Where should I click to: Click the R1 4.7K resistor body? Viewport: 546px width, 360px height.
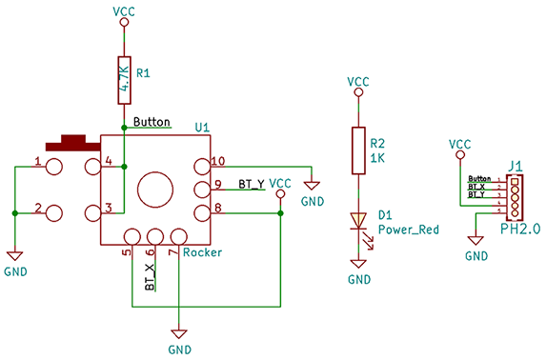pyautogui.click(x=124, y=80)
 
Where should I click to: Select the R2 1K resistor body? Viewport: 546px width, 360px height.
pyautogui.click(x=358, y=150)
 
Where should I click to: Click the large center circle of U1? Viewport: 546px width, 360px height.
pyautogui.click(x=155, y=190)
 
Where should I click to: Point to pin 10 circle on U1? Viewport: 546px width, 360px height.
pyautogui.click(x=203, y=167)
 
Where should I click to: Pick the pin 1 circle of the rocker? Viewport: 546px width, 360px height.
pyautogui.click(x=54, y=167)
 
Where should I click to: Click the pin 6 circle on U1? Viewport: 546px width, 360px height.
pyautogui.click(x=155, y=237)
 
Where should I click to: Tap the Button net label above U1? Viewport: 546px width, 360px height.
pyautogui.click(x=152, y=122)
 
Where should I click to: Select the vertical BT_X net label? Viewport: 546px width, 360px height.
pyautogui.click(x=150, y=277)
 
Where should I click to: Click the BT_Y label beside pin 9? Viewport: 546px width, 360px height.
pyautogui.click(x=252, y=184)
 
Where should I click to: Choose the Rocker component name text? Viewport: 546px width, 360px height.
pyautogui.click(x=202, y=252)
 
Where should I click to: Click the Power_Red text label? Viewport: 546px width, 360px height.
pyautogui.click(x=409, y=230)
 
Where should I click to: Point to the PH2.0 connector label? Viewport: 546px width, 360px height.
pyautogui.click(x=520, y=229)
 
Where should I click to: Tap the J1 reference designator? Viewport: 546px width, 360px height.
pyautogui.click(x=516, y=166)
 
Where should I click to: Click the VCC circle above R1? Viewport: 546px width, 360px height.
pyautogui.click(x=124, y=22)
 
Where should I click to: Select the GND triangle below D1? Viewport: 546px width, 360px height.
pyautogui.click(x=358, y=264)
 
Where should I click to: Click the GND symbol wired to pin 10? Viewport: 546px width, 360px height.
pyautogui.click(x=312, y=186)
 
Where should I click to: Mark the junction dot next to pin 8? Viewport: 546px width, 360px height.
pyautogui.click(x=281, y=213)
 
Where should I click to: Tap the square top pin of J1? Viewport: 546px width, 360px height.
pyautogui.click(x=515, y=181)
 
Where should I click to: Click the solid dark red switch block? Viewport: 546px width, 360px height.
pyautogui.click(x=73, y=143)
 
